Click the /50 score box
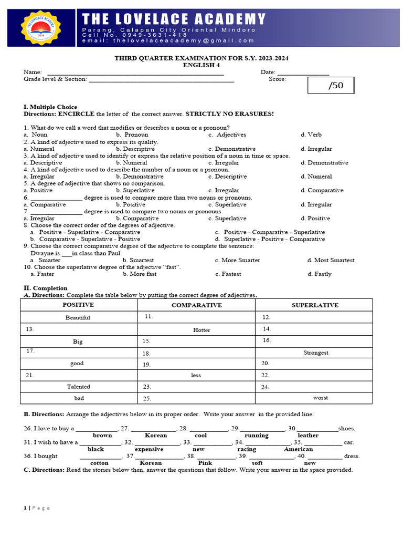(331, 86)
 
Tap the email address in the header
(168, 40)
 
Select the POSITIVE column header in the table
(78, 305)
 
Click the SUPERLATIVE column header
(315, 305)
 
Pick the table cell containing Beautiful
(78, 317)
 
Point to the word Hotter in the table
(201, 330)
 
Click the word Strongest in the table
(315, 353)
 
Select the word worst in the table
(320, 398)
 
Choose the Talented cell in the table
(78, 387)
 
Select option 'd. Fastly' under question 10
(320, 274)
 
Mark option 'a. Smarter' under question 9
(46, 260)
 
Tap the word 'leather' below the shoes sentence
(308, 435)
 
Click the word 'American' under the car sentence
(298, 449)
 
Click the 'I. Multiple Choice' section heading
(50, 107)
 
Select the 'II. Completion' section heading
(46, 288)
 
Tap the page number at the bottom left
(25, 508)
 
